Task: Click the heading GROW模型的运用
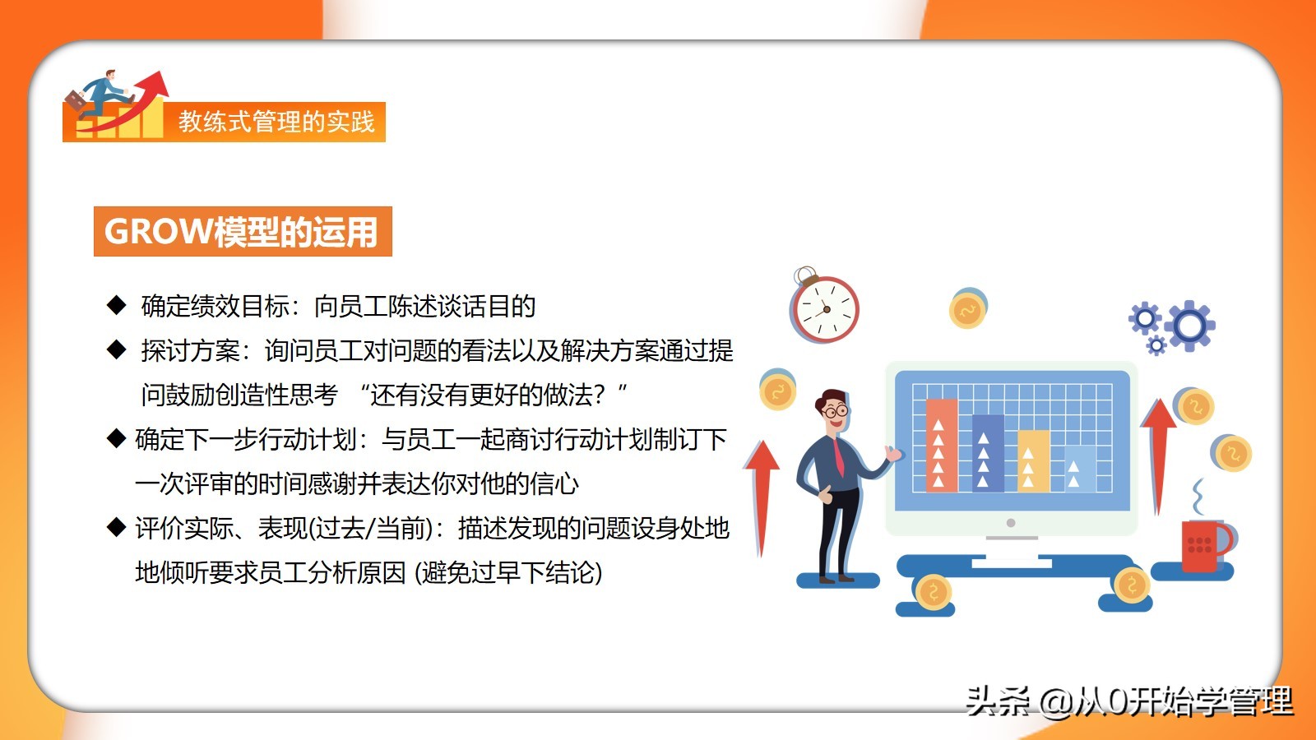pyautogui.click(x=241, y=231)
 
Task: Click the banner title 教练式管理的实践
pyautogui.click(x=276, y=122)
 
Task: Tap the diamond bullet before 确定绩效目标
pyautogui.click(x=116, y=305)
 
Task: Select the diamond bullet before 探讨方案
pyautogui.click(x=116, y=349)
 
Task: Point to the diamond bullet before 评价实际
pyautogui.click(x=116, y=527)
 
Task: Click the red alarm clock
pyautogui.click(x=824, y=307)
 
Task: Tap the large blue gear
pyautogui.click(x=1189, y=326)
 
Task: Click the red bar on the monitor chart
pyautogui.click(x=941, y=445)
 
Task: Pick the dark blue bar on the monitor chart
pyautogui.click(x=988, y=453)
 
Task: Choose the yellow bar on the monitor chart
pyautogui.click(x=1033, y=461)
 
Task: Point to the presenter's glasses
pyautogui.click(x=836, y=411)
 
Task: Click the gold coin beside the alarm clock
pyautogui.click(x=967, y=309)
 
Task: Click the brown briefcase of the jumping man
pyautogui.click(x=76, y=101)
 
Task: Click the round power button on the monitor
pyautogui.click(x=1011, y=523)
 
